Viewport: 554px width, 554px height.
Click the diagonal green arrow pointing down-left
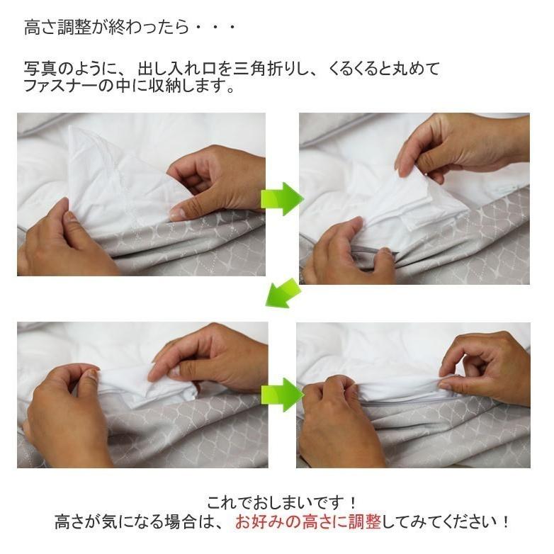tap(283, 293)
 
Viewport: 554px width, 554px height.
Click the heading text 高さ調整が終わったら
tap(106, 28)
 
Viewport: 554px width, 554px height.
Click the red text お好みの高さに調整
tap(308, 522)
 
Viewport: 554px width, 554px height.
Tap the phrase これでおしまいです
tap(282, 502)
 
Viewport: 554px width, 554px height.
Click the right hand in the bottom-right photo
tap(489, 365)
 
